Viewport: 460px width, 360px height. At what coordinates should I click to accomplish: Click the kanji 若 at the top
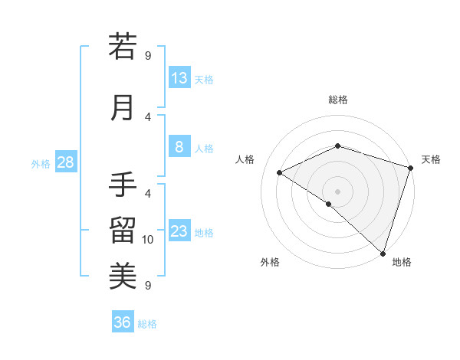click(123, 47)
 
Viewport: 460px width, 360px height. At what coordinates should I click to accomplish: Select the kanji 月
click(123, 108)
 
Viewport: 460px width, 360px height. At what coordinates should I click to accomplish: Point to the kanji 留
click(123, 231)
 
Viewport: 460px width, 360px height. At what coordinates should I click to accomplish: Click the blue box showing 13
click(179, 78)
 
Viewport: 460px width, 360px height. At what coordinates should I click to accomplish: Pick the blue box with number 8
click(179, 147)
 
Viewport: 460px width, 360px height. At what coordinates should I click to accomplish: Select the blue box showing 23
click(179, 231)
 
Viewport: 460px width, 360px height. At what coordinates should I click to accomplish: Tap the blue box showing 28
click(65, 162)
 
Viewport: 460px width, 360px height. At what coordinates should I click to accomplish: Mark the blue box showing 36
click(123, 322)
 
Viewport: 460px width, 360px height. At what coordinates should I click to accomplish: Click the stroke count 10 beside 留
click(149, 240)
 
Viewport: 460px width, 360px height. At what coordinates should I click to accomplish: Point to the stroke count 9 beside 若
click(148, 55)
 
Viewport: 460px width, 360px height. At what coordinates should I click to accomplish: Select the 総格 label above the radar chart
click(338, 100)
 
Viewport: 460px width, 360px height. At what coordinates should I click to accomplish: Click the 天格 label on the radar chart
click(431, 159)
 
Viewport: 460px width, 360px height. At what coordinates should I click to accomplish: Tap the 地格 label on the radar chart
click(402, 262)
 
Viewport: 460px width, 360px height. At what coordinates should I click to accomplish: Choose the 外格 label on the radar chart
click(270, 262)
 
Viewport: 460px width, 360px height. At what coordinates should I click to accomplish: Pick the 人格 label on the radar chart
click(245, 159)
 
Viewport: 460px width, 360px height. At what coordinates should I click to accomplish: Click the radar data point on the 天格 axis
click(411, 168)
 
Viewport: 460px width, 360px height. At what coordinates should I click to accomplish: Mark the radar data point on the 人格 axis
click(280, 172)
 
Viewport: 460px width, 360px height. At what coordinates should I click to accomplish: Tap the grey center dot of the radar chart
click(337, 191)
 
